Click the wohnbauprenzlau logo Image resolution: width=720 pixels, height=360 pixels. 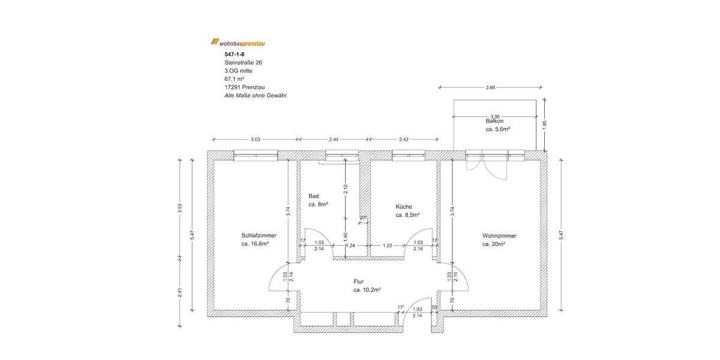click(238, 43)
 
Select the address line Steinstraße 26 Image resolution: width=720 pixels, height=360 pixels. click(243, 62)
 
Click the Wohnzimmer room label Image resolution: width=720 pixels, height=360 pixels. click(499, 236)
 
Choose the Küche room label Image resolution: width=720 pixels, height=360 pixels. click(404, 206)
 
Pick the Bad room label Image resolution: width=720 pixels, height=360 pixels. click(313, 196)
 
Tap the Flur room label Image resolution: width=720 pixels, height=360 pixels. click(359, 281)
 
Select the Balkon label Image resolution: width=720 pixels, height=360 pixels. click(495, 121)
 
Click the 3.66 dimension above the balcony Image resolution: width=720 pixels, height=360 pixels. click(491, 88)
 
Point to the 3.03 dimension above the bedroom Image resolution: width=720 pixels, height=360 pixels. click(255, 140)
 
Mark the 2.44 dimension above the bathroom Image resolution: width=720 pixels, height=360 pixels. click(334, 140)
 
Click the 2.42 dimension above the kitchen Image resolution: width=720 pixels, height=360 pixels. click(403, 140)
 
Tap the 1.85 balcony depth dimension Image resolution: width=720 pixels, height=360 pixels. click(544, 125)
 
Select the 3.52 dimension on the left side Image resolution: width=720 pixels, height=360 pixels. click(179, 208)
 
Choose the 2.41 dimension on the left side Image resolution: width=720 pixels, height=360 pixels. click(179, 295)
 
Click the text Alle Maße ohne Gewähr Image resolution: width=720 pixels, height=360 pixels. click(256, 95)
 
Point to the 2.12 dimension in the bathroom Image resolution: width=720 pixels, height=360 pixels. click(345, 190)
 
